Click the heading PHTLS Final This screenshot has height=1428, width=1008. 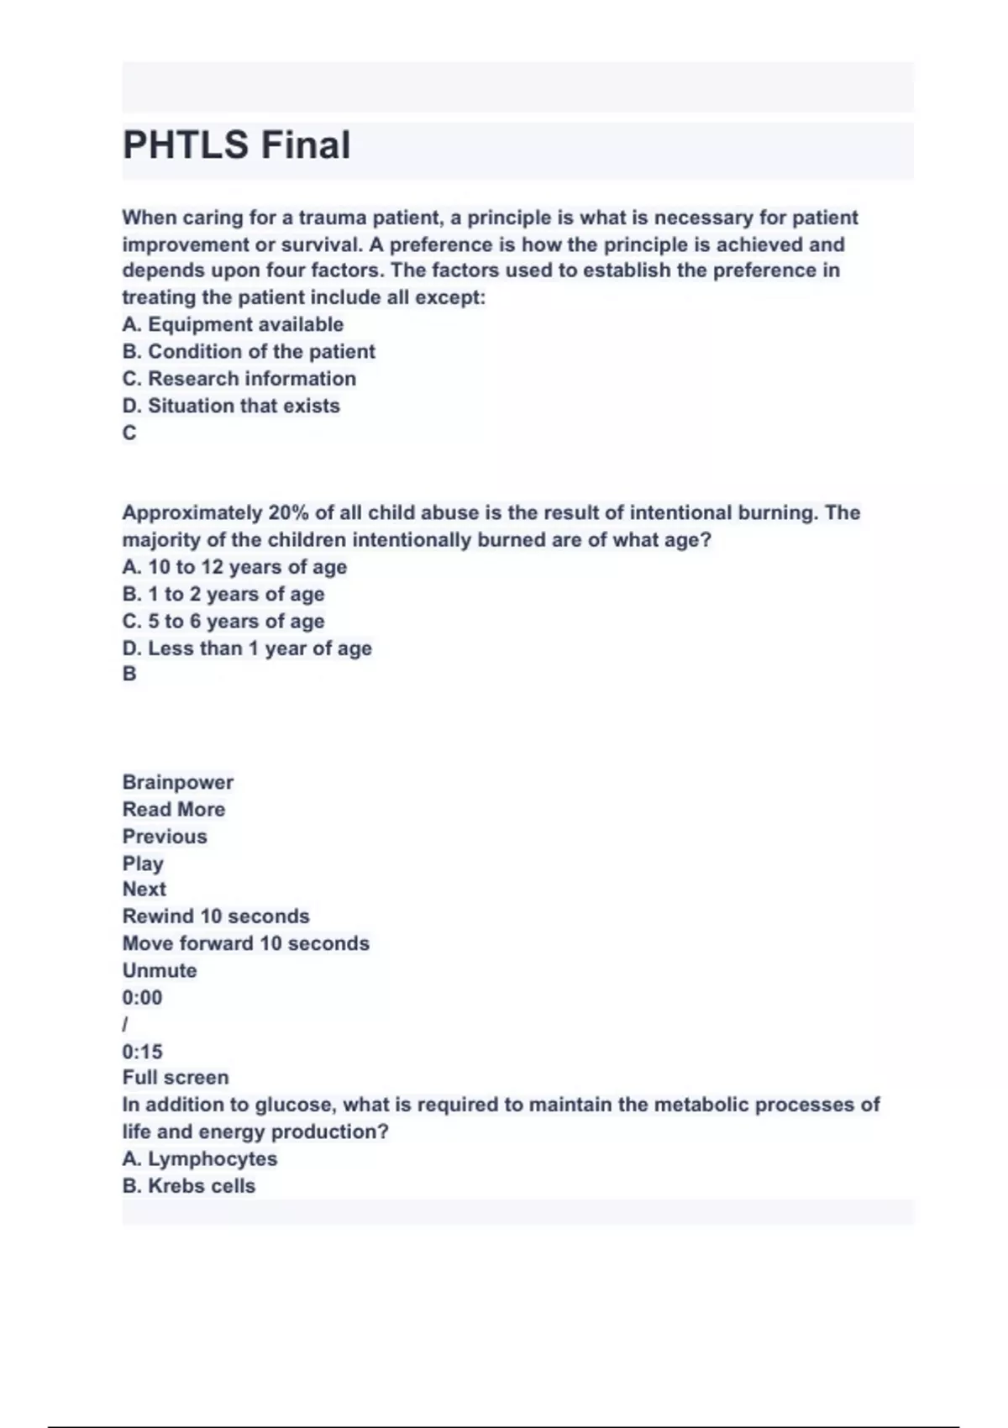pyautogui.click(x=236, y=145)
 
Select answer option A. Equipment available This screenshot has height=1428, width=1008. pyautogui.click(x=233, y=324)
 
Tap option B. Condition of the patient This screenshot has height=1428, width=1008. pyautogui.click(x=249, y=351)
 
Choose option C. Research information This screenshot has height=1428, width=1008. pyautogui.click(x=239, y=379)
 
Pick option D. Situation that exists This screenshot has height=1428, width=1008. pyautogui.click(x=231, y=406)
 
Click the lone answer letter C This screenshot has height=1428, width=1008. pyautogui.click(x=129, y=433)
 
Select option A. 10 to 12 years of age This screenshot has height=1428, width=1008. pyautogui.click(x=234, y=567)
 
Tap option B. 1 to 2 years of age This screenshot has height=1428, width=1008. pyautogui.click(x=223, y=594)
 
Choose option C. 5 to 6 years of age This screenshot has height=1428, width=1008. pyautogui.click(x=223, y=622)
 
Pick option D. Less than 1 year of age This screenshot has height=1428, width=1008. pyautogui.click(x=247, y=648)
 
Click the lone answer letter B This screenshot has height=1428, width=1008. pyautogui.click(x=129, y=674)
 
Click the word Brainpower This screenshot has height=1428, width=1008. pyautogui.click(x=178, y=782)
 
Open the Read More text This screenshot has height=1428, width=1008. pyautogui.click(x=174, y=809)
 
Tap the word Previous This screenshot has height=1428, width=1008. pyautogui.click(x=165, y=837)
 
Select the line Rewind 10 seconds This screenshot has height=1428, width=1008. pyautogui.click(x=216, y=916)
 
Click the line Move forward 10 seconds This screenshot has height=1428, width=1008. pyautogui.click(x=246, y=943)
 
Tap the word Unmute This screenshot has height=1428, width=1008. pyautogui.click(x=160, y=970)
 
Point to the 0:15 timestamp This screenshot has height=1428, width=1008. pyautogui.click(x=143, y=1052)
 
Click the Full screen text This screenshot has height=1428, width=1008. pyautogui.click(x=176, y=1078)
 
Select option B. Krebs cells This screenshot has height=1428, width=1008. pyautogui.click(x=189, y=1186)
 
